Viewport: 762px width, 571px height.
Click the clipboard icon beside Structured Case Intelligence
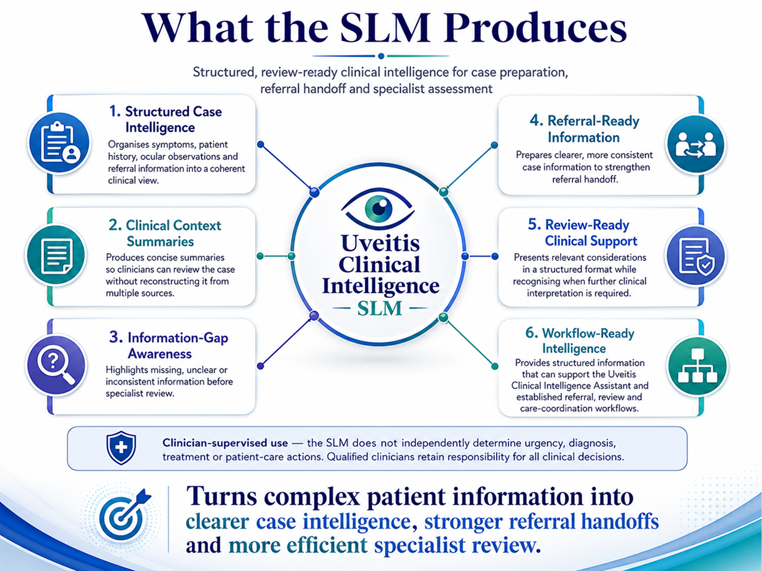[59, 143]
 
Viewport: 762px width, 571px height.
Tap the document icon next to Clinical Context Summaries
[56, 255]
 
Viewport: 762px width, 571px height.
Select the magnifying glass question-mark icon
[56, 365]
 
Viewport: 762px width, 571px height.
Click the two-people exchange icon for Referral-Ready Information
[696, 145]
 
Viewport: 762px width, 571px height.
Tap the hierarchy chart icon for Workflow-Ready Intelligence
[697, 366]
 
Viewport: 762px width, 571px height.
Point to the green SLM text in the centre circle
[380, 308]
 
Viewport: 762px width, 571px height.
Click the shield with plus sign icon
[121, 447]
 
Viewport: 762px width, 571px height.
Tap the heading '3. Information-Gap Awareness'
[169, 345]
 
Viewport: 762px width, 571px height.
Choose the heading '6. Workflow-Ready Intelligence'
[580, 340]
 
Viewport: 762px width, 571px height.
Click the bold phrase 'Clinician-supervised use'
[225, 443]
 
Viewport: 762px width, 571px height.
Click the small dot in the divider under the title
[381, 56]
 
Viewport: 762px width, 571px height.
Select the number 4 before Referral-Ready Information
[536, 121]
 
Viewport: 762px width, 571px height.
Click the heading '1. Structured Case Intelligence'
[166, 119]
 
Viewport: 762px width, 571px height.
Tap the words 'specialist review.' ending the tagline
[458, 545]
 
